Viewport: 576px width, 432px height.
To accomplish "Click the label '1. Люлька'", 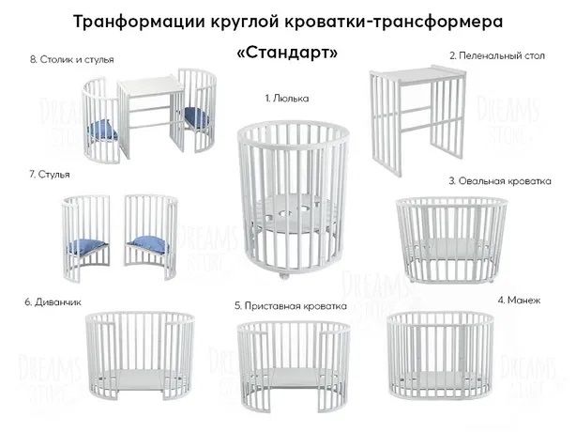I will pos(286,98).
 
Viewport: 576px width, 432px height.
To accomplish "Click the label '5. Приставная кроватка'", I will pos(290,305).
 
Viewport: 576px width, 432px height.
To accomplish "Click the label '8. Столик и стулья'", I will pos(71,59).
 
